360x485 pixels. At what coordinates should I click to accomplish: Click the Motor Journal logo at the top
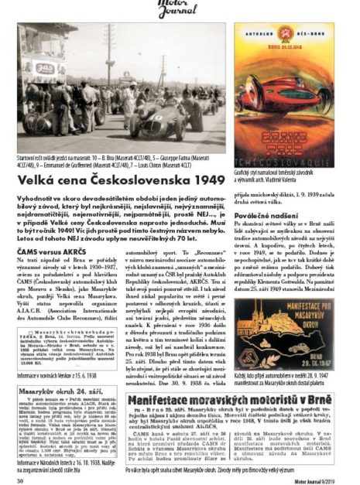tap(179, 9)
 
